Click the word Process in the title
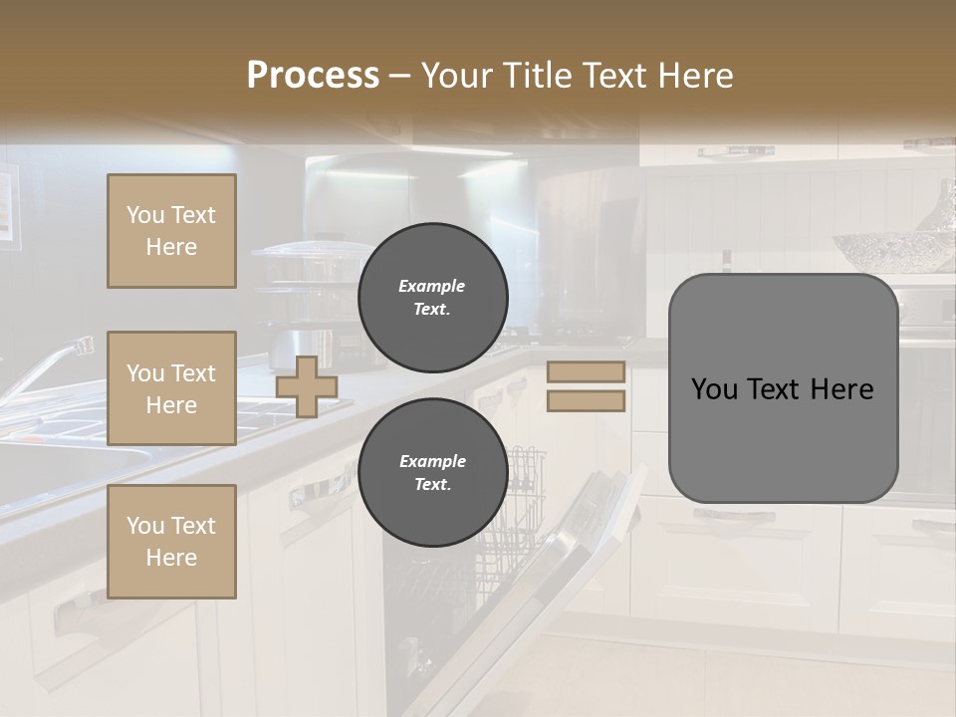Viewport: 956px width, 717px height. coord(313,76)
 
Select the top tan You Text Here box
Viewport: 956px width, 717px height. coord(171,231)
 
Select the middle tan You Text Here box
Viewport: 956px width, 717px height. coord(171,388)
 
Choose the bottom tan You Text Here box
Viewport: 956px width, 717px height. coord(171,542)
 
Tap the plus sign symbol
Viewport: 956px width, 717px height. coord(306,386)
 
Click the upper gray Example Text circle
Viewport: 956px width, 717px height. coord(433,298)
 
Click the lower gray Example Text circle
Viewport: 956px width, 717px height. coord(433,473)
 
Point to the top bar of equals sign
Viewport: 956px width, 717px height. coord(586,372)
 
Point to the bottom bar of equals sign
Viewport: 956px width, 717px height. coord(586,400)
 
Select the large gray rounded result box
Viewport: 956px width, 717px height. coord(783,388)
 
